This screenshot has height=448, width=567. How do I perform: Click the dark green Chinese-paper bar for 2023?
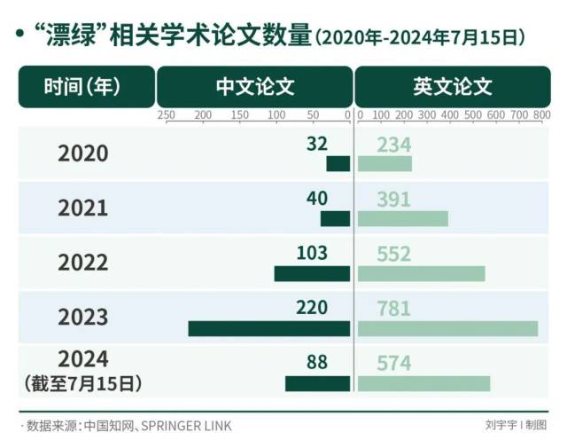coord(269,328)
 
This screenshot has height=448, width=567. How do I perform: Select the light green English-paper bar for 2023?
coord(447,328)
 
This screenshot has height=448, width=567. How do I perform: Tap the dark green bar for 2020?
coord(338,164)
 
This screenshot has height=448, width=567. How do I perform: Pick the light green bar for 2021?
coord(403,218)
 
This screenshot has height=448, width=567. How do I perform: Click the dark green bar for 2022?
coord(312,273)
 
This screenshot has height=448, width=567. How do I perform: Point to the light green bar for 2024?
coord(423,383)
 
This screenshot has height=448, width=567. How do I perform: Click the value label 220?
coord(312,308)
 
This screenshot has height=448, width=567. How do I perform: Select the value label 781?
coord(393,308)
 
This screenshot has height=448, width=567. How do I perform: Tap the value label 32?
coord(317,144)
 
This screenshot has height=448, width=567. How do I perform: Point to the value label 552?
coord(393,254)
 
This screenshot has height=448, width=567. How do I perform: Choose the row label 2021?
coord(83,208)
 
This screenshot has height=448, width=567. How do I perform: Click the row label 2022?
coord(83,263)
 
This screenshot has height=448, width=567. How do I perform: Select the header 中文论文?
coord(255,87)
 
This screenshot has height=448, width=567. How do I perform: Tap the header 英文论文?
coord(452,87)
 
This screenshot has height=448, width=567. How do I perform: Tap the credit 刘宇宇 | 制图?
coord(516,425)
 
